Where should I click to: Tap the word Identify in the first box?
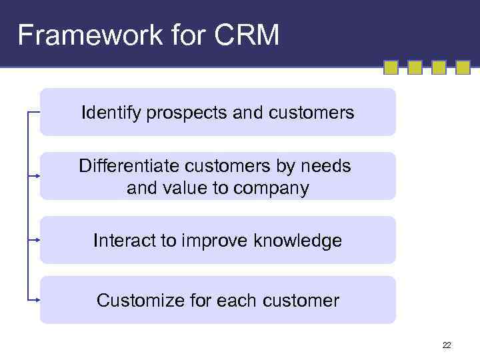click(x=104, y=113)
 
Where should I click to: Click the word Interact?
click(x=123, y=241)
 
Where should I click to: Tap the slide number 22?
click(x=446, y=345)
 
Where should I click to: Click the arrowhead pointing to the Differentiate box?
click(x=39, y=176)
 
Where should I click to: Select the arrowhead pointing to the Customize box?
click(x=39, y=300)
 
